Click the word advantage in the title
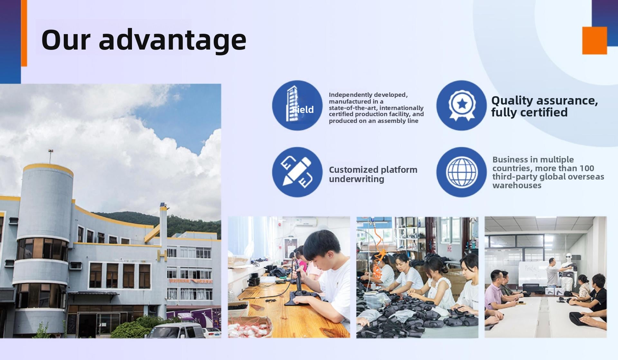pyautogui.click(x=173, y=40)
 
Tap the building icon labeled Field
pyautogui.click(x=297, y=105)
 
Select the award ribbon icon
pyautogui.click(x=462, y=105)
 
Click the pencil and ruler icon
pyautogui.click(x=297, y=172)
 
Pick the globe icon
pyautogui.click(x=462, y=172)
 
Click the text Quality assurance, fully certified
pyautogui.click(x=545, y=106)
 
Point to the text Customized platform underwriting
pyautogui.click(x=373, y=174)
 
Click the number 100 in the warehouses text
pyautogui.click(x=587, y=168)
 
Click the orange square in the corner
pyautogui.click(x=595, y=41)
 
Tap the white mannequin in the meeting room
pyautogui.click(x=568, y=272)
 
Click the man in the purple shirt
pyautogui.click(x=498, y=291)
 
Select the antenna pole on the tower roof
pyautogui.click(x=51, y=156)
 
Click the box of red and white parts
pyautogui.click(x=249, y=327)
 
